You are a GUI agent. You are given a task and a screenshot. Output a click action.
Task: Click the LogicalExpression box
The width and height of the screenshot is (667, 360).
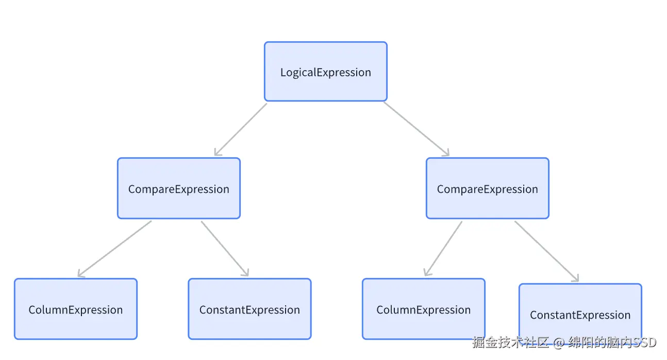pyautogui.click(x=325, y=72)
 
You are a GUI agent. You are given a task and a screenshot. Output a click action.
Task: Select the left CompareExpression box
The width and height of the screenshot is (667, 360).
pyautogui.click(x=178, y=188)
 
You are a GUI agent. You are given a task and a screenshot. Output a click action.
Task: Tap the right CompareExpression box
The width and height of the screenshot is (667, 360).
pyautogui.click(x=487, y=188)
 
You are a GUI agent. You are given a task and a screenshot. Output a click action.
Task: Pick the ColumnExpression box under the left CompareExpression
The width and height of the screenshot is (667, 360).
pyautogui.click(x=75, y=309)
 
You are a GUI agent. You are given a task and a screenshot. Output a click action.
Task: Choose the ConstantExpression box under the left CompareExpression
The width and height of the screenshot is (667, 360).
pyautogui.click(x=249, y=309)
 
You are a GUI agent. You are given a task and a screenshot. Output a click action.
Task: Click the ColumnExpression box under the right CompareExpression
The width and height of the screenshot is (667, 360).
pyautogui.click(x=423, y=309)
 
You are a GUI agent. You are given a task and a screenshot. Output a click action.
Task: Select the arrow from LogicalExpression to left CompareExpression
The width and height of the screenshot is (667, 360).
pyautogui.click(x=241, y=129)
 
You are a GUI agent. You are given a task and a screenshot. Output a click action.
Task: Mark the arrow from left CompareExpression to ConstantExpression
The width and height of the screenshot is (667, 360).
pyautogui.click(x=224, y=248)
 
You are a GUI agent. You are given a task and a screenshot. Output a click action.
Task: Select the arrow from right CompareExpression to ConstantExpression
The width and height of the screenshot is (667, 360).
pyautogui.click(x=546, y=251)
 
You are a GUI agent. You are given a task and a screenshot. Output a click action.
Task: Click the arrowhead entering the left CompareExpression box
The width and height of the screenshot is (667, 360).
pyautogui.click(x=217, y=153)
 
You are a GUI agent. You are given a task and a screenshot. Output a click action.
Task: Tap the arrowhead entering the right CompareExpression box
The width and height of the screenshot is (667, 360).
pyautogui.click(x=446, y=153)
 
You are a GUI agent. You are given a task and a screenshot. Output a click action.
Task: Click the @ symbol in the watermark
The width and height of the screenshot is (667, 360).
pyautogui.click(x=559, y=342)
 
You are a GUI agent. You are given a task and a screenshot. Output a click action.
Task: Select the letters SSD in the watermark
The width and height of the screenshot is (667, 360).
pyautogui.click(x=644, y=342)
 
